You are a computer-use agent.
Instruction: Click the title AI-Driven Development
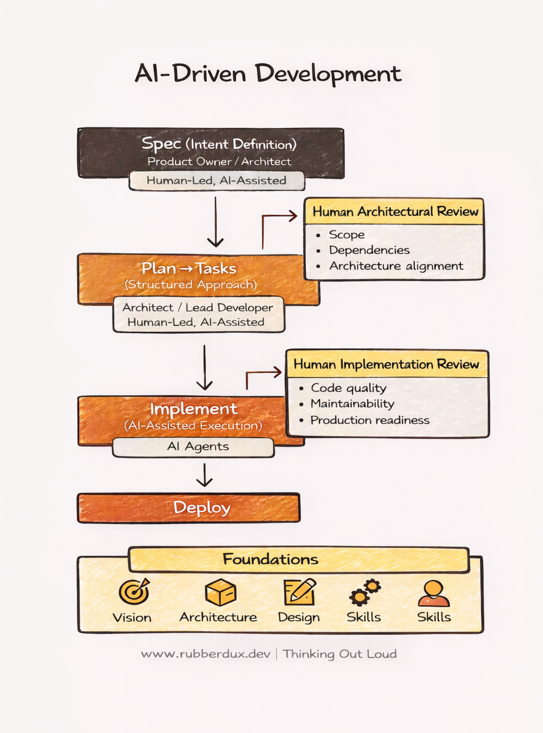pos(268,74)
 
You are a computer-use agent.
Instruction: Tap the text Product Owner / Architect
pos(219,161)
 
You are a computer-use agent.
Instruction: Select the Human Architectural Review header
pos(395,211)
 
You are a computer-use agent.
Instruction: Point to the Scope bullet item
pos(346,235)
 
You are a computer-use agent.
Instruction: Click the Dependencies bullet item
pos(369,250)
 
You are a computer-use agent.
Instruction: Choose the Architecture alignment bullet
pos(396,266)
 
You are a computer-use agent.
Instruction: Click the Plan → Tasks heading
pos(189,268)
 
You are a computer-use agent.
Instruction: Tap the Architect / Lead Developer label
pos(198,307)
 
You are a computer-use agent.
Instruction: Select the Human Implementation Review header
pos(386,364)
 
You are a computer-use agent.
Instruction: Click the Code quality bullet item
pos(348,388)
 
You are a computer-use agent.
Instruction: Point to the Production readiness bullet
pos(370,420)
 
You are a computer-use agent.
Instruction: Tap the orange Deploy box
pos(189,507)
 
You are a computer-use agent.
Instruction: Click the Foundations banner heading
pos(270,559)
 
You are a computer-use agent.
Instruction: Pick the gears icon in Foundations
pos(364,592)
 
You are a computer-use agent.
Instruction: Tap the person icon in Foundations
pos(434,593)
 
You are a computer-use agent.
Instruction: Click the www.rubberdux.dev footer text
pos(206,654)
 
